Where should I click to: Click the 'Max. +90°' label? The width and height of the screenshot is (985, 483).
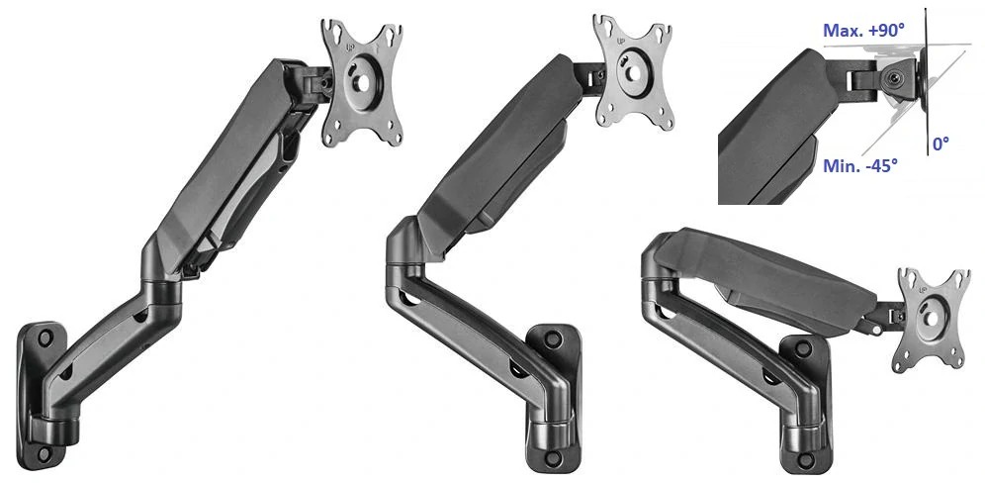(863, 30)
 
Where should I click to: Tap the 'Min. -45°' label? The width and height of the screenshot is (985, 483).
(860, 166)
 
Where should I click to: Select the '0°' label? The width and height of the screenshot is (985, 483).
(940, 145)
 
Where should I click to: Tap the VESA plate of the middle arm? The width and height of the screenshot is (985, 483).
(633, 73)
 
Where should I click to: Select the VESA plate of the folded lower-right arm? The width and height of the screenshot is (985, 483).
(933, 318)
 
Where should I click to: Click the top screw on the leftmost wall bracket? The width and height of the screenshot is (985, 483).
(45, 338)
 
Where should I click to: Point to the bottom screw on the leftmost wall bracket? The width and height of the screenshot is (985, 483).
(45, 453)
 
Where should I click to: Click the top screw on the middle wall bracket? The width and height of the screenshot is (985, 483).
(553, 338)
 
